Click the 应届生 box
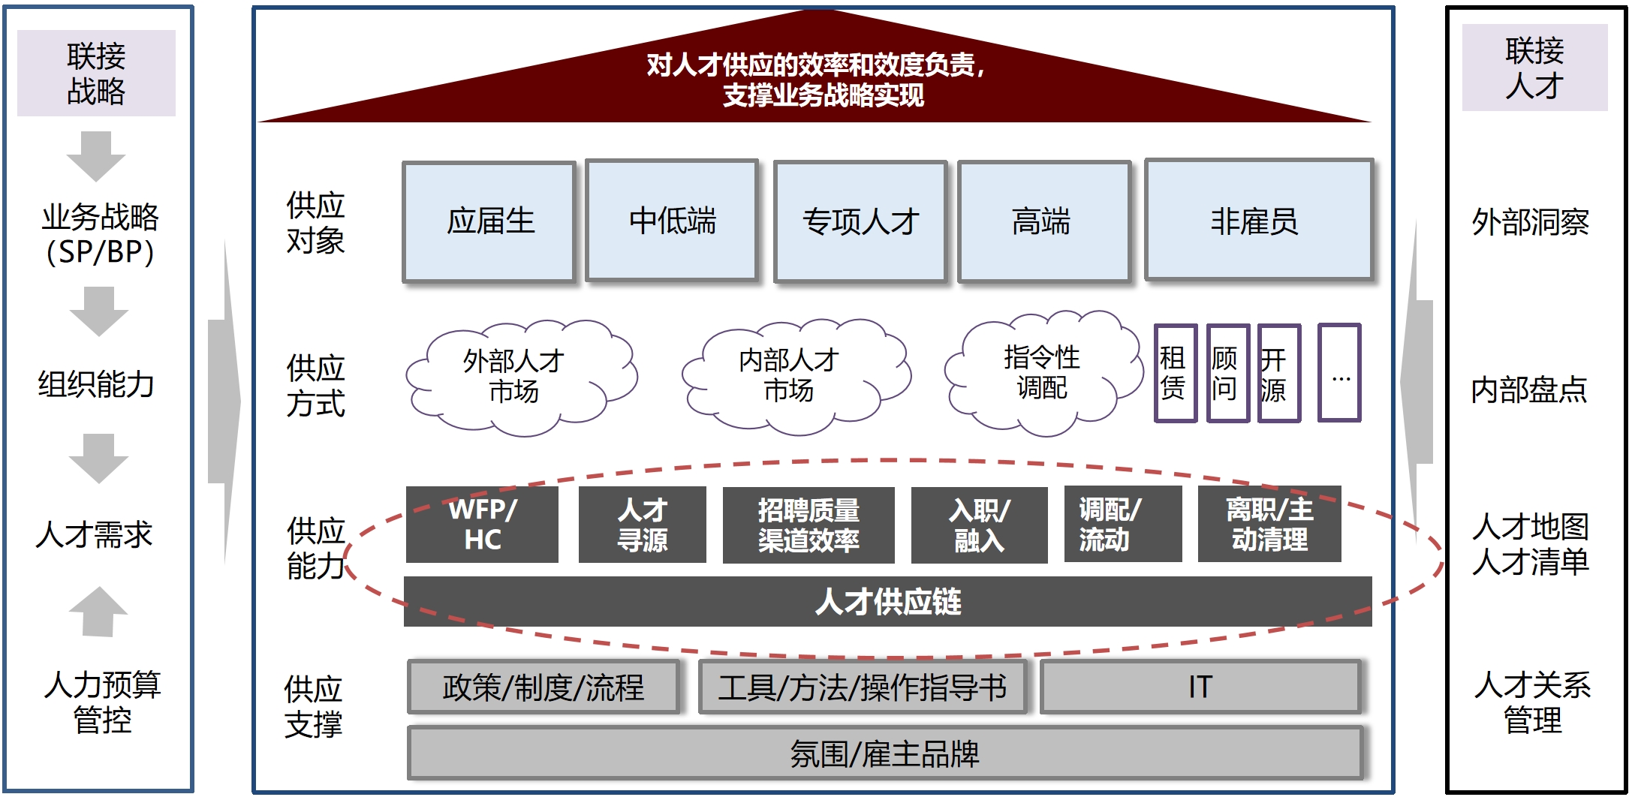pyautogui.click(x=489, y=222)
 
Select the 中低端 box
pyautogui.click(x=672, y=221)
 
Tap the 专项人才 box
pyautogui.click(x=860, y=222)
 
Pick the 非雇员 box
pyautogui.click(x=1258, y=221)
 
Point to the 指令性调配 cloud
pyautogui.click(x=1041, y=373)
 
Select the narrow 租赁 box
pyautogui.click(x=1174, y=373)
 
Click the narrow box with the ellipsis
pyautogui.click(x=1339, y=373)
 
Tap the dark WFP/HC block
pyautogui.click(x=482, y=525)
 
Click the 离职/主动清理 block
pyautogui.click(x=1269, y=525)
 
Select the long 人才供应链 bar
pyautogui.click(x=887, y=602)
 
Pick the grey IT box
pyautogui.click(x=1200, y=687)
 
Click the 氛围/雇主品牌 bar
pyautogui.click(x=884, y=753)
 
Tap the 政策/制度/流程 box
pyautogui.click(x=543, y=687)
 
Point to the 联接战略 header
pyautogui.click(x=96, y=74)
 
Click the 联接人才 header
pyautogui.click(x=1534, y=68)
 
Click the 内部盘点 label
pyautogui.click(x=1528, y=389)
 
